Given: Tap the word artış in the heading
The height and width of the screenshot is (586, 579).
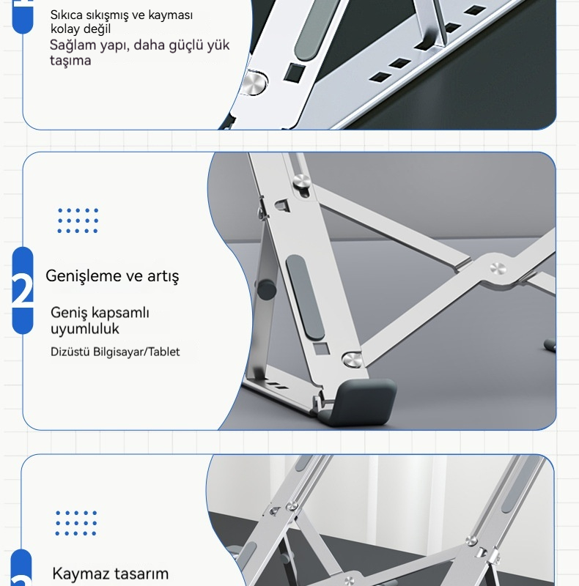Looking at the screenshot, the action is coord(163,277).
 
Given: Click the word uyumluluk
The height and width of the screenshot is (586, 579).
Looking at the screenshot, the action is coord(85,329).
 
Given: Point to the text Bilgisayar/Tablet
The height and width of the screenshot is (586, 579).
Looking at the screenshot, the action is coord(136,352).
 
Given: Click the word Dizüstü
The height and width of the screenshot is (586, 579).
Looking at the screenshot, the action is coord(70,352).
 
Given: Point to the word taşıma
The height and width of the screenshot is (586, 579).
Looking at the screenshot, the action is coord(70,61).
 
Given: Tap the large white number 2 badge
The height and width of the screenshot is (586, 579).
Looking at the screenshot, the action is coord(23,289).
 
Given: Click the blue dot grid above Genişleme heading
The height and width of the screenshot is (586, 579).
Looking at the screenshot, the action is coord(78,220).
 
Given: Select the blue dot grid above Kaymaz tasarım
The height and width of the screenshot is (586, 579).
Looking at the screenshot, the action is coord(76,523).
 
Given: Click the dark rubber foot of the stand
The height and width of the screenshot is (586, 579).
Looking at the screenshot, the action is coord(361,401).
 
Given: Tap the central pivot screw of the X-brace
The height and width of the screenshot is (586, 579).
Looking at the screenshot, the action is coord(498,268).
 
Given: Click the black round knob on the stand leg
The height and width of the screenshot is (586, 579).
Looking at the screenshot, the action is coord(266,289).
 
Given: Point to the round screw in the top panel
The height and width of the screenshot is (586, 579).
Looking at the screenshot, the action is coord(254,83).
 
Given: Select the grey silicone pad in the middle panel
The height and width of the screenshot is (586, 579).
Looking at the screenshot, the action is coord(304,297).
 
